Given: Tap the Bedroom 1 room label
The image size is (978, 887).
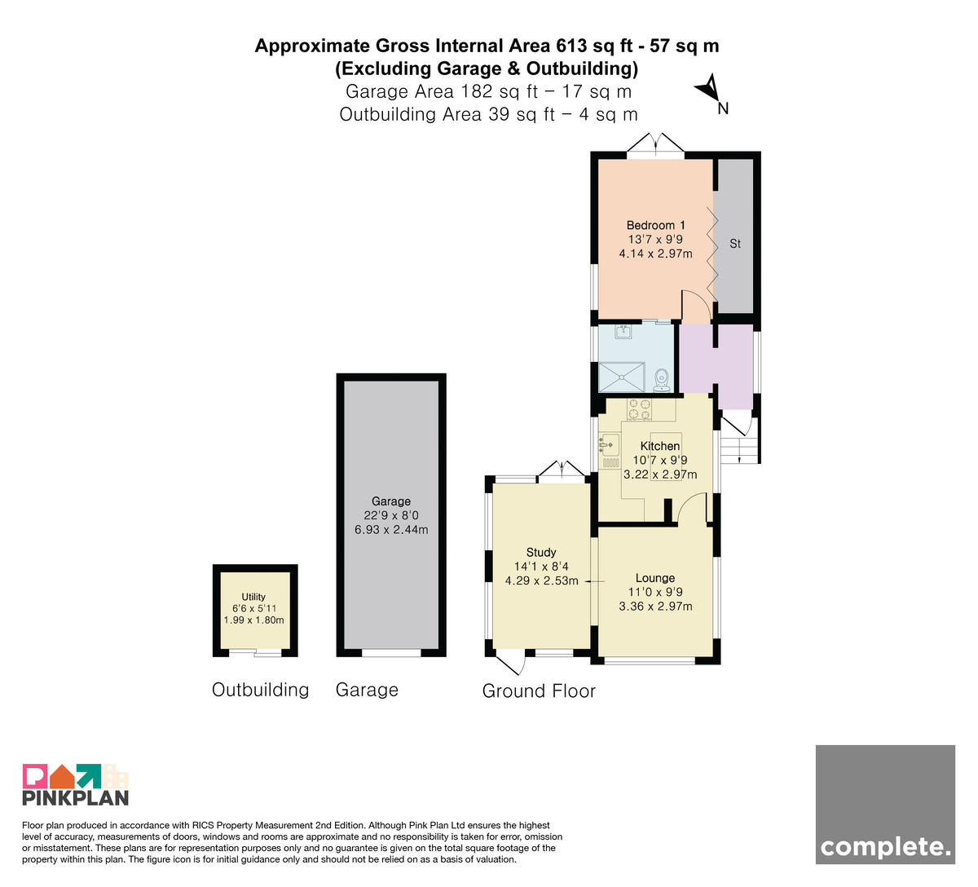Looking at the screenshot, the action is click(x=656, y=225).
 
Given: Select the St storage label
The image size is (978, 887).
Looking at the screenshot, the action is click(x=735, y=244).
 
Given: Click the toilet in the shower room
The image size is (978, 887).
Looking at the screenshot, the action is click(x=662, y=380).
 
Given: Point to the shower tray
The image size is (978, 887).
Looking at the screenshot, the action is click(x=622, y=377).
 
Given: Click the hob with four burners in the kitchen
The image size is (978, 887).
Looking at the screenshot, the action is click(x=639, y=410).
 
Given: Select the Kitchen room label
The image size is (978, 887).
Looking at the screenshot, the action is click(x=660, y=446).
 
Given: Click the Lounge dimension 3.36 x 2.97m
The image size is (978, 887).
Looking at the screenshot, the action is click(x=656, y=607).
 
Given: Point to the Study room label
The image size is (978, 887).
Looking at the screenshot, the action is click(x=541, y=552).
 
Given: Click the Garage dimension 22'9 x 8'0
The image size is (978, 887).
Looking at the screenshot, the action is click(x=391, y=516).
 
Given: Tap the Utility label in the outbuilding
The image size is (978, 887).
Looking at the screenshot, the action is click(x=253, y=597).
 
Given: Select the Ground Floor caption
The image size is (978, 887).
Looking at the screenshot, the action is click(x=539, y=691).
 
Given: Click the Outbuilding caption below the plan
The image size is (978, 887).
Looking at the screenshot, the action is click(x=260, y=690).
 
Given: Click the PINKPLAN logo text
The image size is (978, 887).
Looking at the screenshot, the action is click(x=76, y=797).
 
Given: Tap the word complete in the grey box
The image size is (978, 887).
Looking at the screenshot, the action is click(x=885, y=848).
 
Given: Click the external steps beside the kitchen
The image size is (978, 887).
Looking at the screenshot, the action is click(x=740, y=450).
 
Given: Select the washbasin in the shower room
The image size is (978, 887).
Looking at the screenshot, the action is click(x=623, y=332).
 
